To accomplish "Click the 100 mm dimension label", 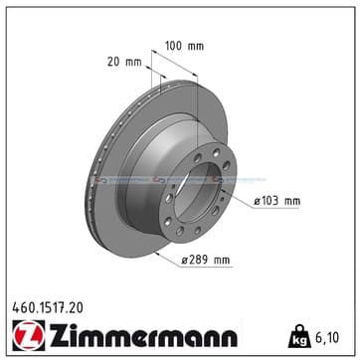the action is (185, 46).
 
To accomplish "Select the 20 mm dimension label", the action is (124, 62).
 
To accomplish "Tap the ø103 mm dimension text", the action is (277, 201).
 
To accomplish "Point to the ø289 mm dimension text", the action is (206, 260).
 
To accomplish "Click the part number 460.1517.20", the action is (48, 308).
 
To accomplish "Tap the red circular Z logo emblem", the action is (29, 335).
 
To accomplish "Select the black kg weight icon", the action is (298, 336).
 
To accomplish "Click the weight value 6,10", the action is (326, 338).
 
